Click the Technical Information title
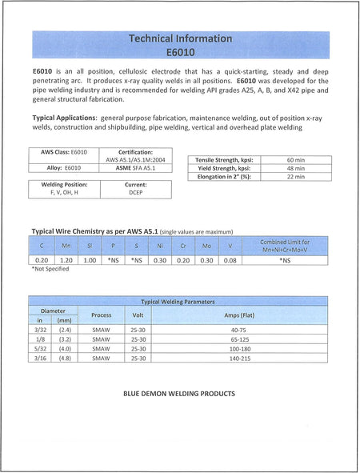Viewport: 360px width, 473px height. click(x=181, y=38)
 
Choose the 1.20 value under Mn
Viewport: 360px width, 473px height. click(x=66, y=260)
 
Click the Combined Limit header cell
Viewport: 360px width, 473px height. click(x=285, y=246)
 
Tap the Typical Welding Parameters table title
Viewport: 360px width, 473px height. click(x=178, y=303)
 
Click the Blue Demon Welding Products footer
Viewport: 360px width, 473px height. click(x=179, y=394)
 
